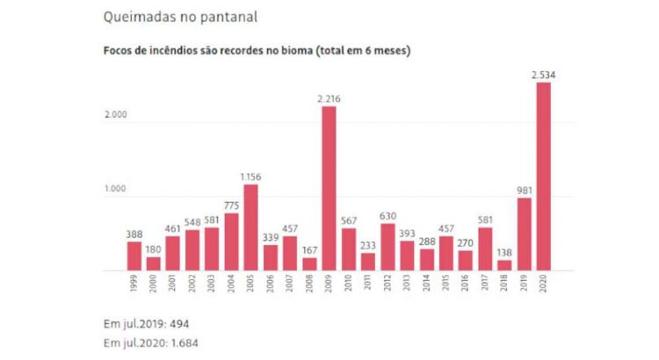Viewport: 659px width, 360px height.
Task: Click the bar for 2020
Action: pos(543,176)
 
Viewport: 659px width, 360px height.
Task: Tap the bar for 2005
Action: pos(251,226)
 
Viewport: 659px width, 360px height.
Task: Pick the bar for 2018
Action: pos(503,263)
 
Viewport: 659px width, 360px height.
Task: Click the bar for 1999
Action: pos(134,255)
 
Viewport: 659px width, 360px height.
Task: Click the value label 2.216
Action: pos(329,98)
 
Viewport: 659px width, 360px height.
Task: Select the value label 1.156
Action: pos(250,176)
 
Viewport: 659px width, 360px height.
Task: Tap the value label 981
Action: pos(524,189)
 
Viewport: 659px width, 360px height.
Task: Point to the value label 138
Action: pos(503,251)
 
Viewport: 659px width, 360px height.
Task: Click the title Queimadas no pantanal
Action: pos(168,17)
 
